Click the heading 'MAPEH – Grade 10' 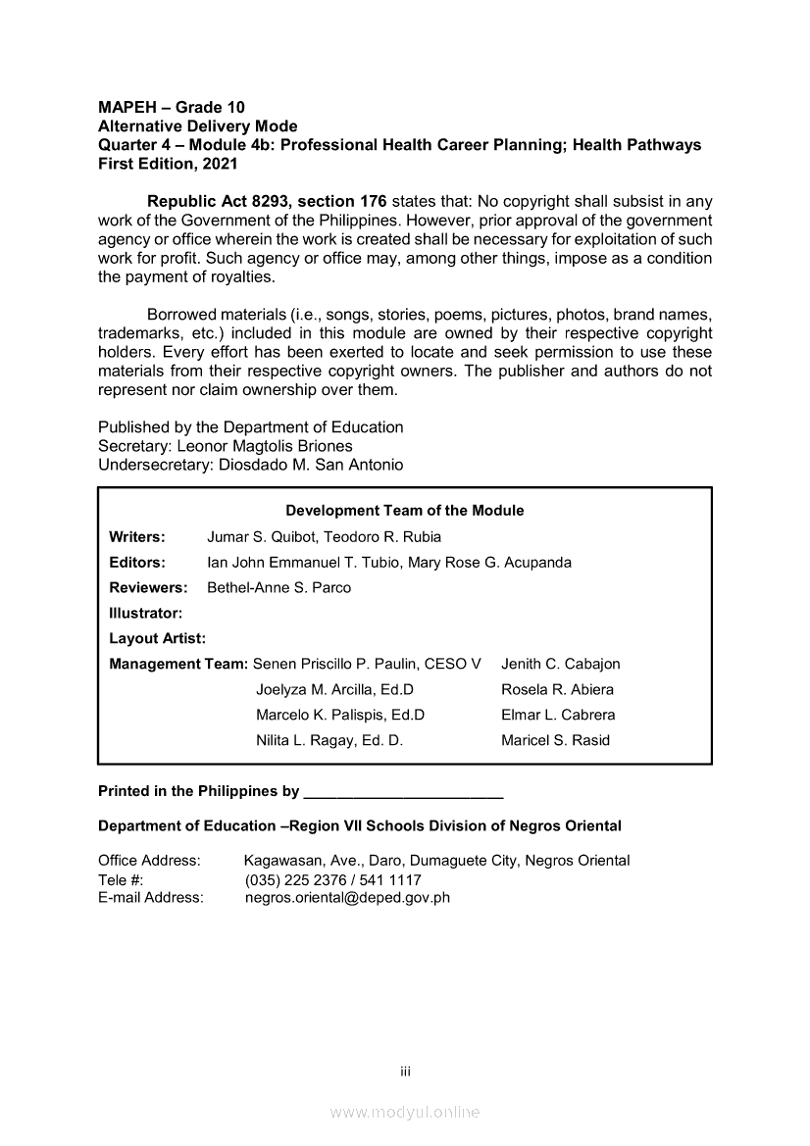(x=172, y=107)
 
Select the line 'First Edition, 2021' (x=168, y=164)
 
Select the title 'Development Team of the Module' (x=404, y=511)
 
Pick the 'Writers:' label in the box (x=137, y=537)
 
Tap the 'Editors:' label (x=137, y=563)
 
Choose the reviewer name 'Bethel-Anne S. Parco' (x=278, y=588)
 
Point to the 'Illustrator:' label (x=146, y=614)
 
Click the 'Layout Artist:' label (x=157, y=639)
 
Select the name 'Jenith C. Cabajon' (x=560, y=665)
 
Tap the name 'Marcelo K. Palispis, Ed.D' (x=340, y=716)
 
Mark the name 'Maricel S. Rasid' (x=555, y=741)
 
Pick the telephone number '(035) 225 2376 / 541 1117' (x=332, y=880)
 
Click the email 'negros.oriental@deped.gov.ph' (x=347, y=897)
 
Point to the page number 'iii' (x=405, y=1071)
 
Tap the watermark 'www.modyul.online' (x=405, y=1113)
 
